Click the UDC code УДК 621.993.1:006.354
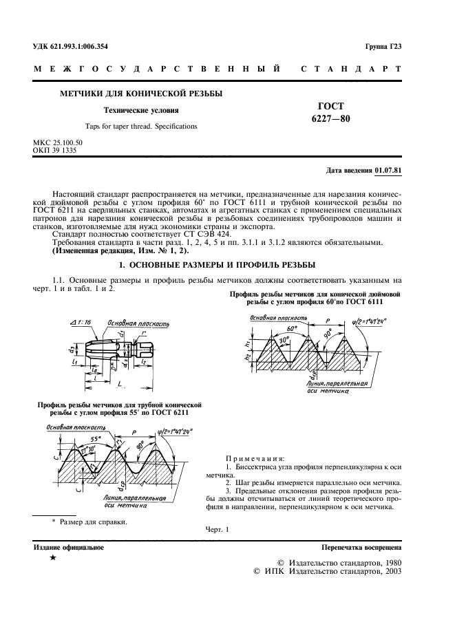coord(71,47)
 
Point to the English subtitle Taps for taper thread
coord(140,126)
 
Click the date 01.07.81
coord(389,170)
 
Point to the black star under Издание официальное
coord(53,559)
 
